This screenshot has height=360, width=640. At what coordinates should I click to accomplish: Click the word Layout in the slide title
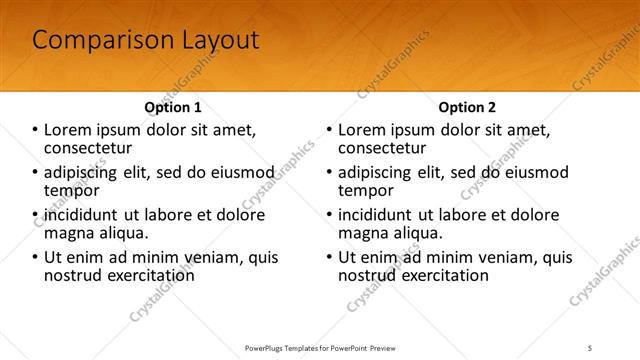[214, 40]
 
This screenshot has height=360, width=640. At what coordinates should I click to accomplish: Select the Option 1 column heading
[173, 107]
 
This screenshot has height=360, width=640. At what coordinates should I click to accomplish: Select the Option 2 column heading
[467, 107]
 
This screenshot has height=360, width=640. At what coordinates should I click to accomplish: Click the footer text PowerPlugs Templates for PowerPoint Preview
[319, 347]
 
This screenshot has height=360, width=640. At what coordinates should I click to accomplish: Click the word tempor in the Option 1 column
[71, 189]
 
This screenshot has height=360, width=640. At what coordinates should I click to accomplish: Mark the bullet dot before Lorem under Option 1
[35, 130]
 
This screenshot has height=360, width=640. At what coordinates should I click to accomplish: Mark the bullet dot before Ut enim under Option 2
[329, 257]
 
